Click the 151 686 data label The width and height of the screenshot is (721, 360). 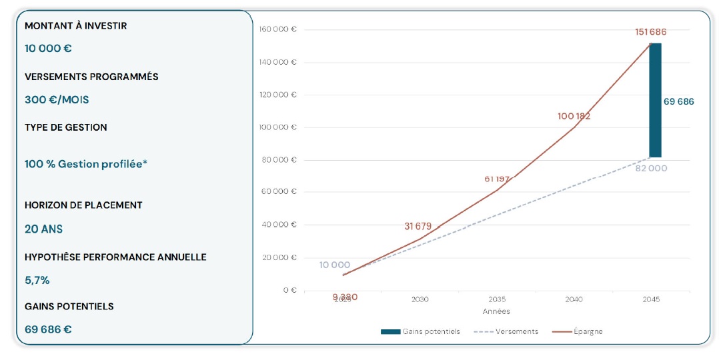click(x=650, y=32)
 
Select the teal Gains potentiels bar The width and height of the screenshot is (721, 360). click(x=655, y=100)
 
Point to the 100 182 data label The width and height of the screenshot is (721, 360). click(x=574, y=116)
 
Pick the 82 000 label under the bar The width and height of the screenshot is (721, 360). click(x=650, y=169)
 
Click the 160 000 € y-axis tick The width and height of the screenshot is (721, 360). click(x=277, y=29)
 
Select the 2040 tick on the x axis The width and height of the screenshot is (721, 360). click(x=574, y=300)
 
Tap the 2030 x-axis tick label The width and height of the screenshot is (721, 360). click(x=420, y=300)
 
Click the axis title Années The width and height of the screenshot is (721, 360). click(x=496, y=311)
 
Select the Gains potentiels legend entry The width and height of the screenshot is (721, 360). click(x=421, y=331)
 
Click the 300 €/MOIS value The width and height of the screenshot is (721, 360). click(x=57, y=100)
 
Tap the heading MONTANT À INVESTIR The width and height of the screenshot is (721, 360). click(x=75, y=26)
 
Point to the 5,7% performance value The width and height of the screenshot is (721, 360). click(x=37, y=280)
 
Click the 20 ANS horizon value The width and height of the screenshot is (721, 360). click(x=43, y=229)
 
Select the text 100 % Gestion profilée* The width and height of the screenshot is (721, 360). click(x=84, y=164)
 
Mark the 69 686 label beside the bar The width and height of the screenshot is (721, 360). click(x=678, y=102)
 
